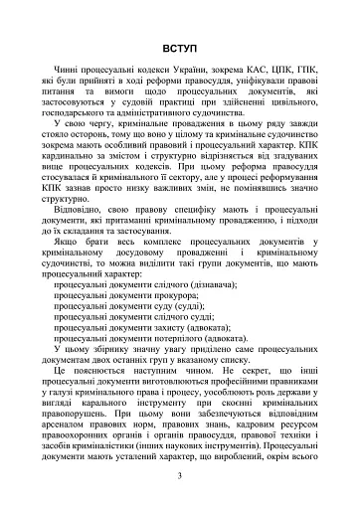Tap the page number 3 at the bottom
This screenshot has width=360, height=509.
[x=180, y=476]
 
